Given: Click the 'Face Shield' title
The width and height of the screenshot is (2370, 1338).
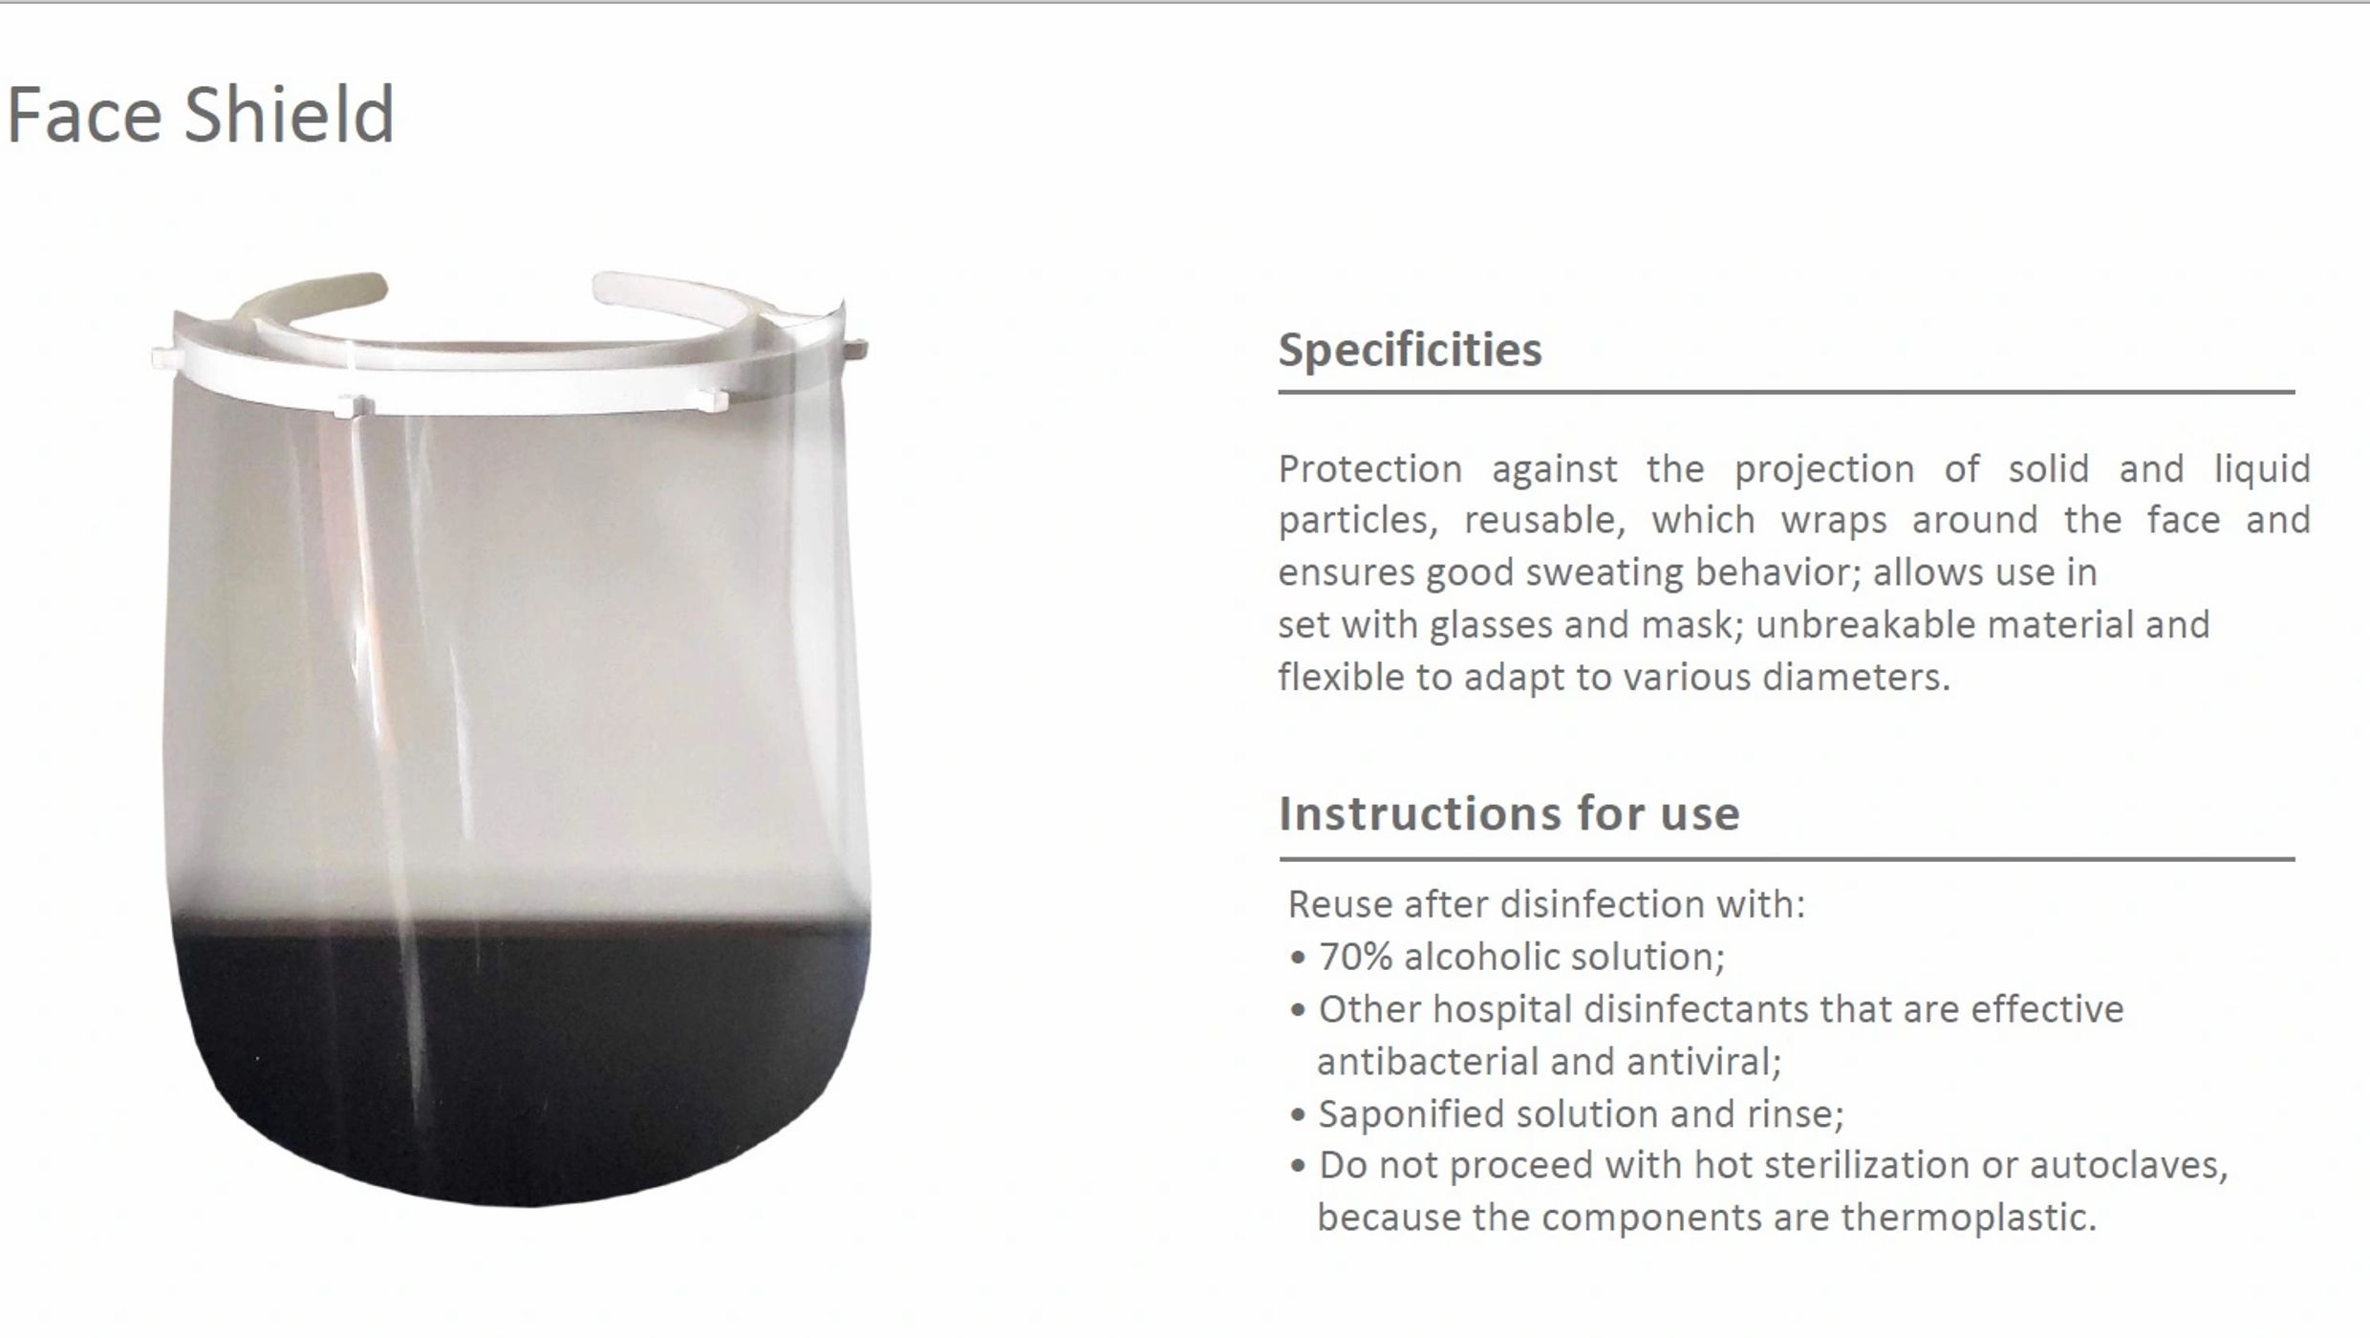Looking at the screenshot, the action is (x=201, y=115).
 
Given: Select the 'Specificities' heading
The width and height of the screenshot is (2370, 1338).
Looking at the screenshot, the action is (x=1411, y=350).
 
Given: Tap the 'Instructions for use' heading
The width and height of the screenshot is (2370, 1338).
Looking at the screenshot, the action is (x=1509, y=813).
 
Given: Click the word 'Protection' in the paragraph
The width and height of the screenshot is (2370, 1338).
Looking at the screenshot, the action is (x=1370, y=469).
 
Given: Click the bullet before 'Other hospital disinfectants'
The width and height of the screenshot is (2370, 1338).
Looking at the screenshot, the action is (x=1297, y=1011).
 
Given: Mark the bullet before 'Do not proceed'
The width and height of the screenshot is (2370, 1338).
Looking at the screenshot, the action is (x=1297, y=1167).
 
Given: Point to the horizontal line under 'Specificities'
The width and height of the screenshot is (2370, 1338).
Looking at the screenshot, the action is (x=1787, y=392).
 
